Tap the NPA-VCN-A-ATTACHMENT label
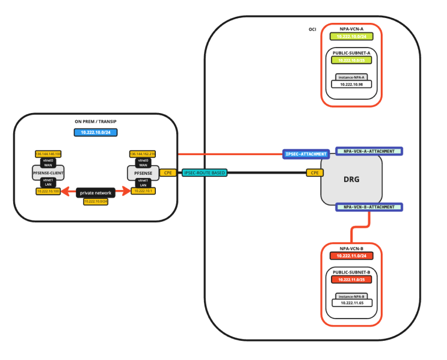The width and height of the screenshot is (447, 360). pos(369,151)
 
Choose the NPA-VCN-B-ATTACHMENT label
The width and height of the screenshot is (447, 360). pos(369,207)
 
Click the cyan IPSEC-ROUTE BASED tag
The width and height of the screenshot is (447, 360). pos(204,173)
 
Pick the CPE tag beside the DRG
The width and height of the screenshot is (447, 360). pos(313,173)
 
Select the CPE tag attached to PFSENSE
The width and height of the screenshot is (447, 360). pos(168,173)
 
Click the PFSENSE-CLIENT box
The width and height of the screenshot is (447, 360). pos(48,173)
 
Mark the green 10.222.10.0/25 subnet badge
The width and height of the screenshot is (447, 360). pos(351,60)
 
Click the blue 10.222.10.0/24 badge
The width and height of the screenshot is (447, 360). pos(94,132)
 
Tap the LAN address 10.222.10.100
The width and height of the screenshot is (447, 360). pos(49,192)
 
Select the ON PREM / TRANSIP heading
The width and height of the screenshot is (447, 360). pos(94,122)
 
